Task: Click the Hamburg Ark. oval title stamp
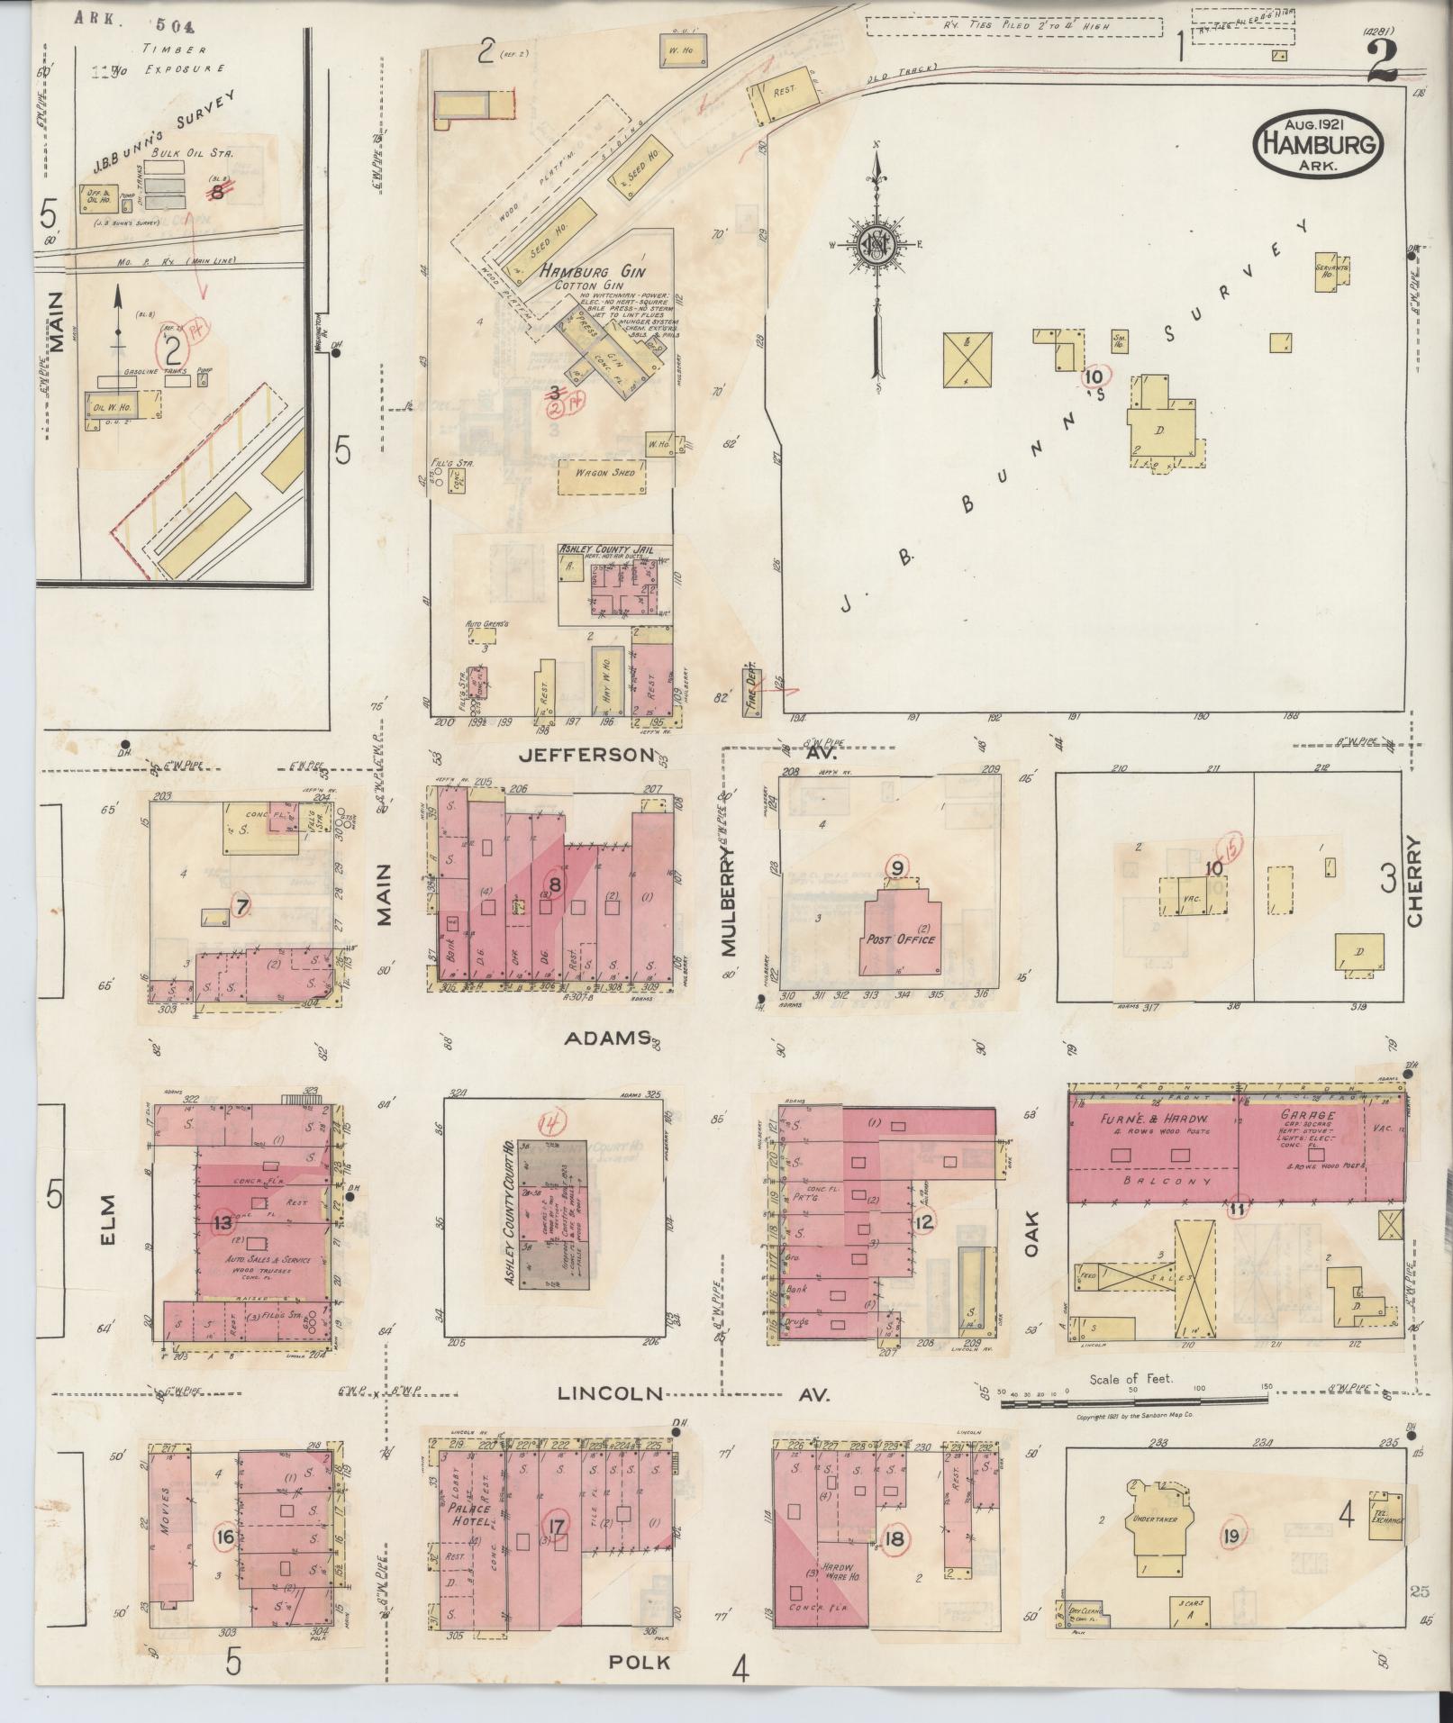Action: click(x=1317, y=143)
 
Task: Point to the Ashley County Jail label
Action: click(x=605, y=549)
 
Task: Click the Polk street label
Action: click(x=640, y=1662)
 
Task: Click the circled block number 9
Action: click(x=897, y=867)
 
